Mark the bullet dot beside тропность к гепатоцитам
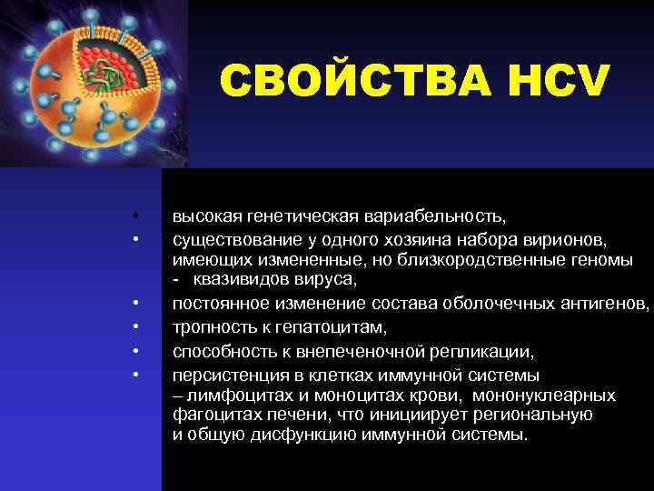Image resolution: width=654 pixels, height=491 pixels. tap(134, 325)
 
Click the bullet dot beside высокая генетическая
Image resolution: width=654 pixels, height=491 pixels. tap(134, 218)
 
